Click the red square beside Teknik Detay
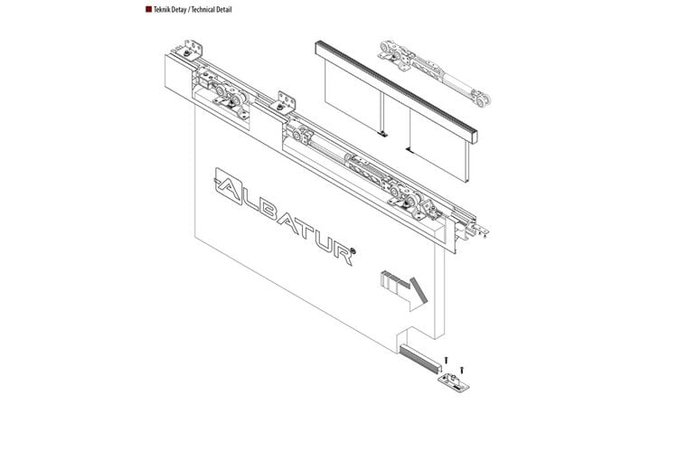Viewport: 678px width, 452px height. click(148, 9)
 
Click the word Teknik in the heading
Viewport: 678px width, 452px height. click(162, 10)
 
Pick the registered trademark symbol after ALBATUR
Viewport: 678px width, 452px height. click(353, 250)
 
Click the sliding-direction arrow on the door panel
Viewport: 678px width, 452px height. click(404, 290)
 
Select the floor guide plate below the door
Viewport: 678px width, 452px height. click(453, 382)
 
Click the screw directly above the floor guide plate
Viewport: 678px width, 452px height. click(462, 371)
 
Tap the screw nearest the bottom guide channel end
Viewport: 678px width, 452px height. click(447, 360)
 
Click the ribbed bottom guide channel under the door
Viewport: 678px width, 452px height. click(419, 357)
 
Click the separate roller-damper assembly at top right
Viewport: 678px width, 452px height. click(435, 72)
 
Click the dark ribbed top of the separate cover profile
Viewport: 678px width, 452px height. click(396, 87)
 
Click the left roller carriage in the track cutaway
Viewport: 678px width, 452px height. click(230, 99)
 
